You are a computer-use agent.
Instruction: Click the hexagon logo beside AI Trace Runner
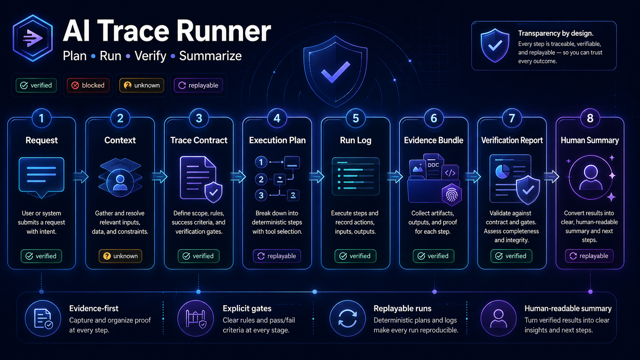tap(33, 38)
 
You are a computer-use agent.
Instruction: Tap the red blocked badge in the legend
tap(88, 85)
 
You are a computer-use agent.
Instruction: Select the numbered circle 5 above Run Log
tap(356, 118)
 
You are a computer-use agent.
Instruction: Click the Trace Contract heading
tap(199, 140)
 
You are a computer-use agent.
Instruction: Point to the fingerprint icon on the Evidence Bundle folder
tap(452, 194)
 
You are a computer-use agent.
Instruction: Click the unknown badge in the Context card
tap(120, 256)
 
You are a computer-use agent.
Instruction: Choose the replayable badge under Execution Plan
tap(277, 256)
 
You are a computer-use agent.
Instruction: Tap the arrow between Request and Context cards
tap(81, 176)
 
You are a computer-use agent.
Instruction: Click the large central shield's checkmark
tap(335, 72)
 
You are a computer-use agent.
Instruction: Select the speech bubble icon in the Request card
tap(41, 176)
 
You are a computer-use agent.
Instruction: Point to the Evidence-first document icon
tap(43, 318)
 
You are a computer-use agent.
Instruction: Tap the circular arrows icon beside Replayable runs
tap(348, 318)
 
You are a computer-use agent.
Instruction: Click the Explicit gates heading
tap(247, 308)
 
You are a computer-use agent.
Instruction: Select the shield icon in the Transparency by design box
tap(495, 46)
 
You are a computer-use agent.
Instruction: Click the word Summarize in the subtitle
tap(210, 56)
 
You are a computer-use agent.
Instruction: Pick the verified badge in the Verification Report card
tap(511, 256)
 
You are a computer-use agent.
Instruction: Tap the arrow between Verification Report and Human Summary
tap(551, 176)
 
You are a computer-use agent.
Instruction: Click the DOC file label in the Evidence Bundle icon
tap(433, 165)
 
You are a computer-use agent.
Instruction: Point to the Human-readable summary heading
tap(568, 308)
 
